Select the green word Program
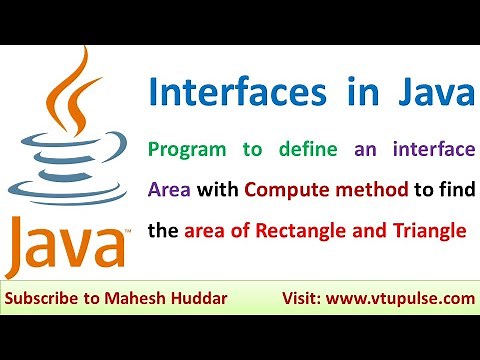[196, 150]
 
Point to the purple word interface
[425, 150]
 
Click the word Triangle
[430, 231]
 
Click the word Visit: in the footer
[310, 299]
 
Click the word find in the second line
[452, 190]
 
